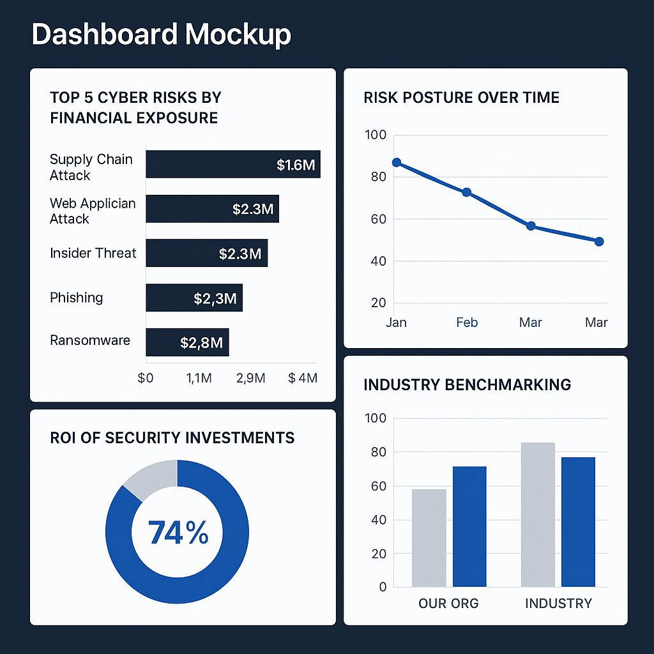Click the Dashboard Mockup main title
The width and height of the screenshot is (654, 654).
[x=161, y=34]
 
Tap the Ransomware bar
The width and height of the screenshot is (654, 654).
[x=187, y=342]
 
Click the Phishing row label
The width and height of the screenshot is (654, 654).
[x=76, y=298]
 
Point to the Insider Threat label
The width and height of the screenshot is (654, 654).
[x=93, y=253]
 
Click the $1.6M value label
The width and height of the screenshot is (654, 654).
[x=296, y=165]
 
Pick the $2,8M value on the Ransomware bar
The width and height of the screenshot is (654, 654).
[x=201, y=343]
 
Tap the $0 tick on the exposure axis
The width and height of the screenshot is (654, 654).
[x=146, y=378]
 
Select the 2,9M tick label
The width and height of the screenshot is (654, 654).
[x=250, y=378]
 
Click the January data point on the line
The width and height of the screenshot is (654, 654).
[x=397, y=162]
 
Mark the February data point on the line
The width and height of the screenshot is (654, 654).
[x=466, y=192]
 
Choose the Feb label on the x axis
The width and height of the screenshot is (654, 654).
[x=467, y=323]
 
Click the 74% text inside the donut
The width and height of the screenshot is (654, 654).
[x=178, y=533]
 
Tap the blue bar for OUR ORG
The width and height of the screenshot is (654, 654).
[x=469, y=526]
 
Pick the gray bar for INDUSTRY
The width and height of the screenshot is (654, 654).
[x=538, y=514]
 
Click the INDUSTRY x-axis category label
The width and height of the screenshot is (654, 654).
[x=558, y=604]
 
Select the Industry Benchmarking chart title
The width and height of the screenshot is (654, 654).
[x=467, y=384]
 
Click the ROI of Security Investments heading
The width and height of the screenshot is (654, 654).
[x=172, y=438]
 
